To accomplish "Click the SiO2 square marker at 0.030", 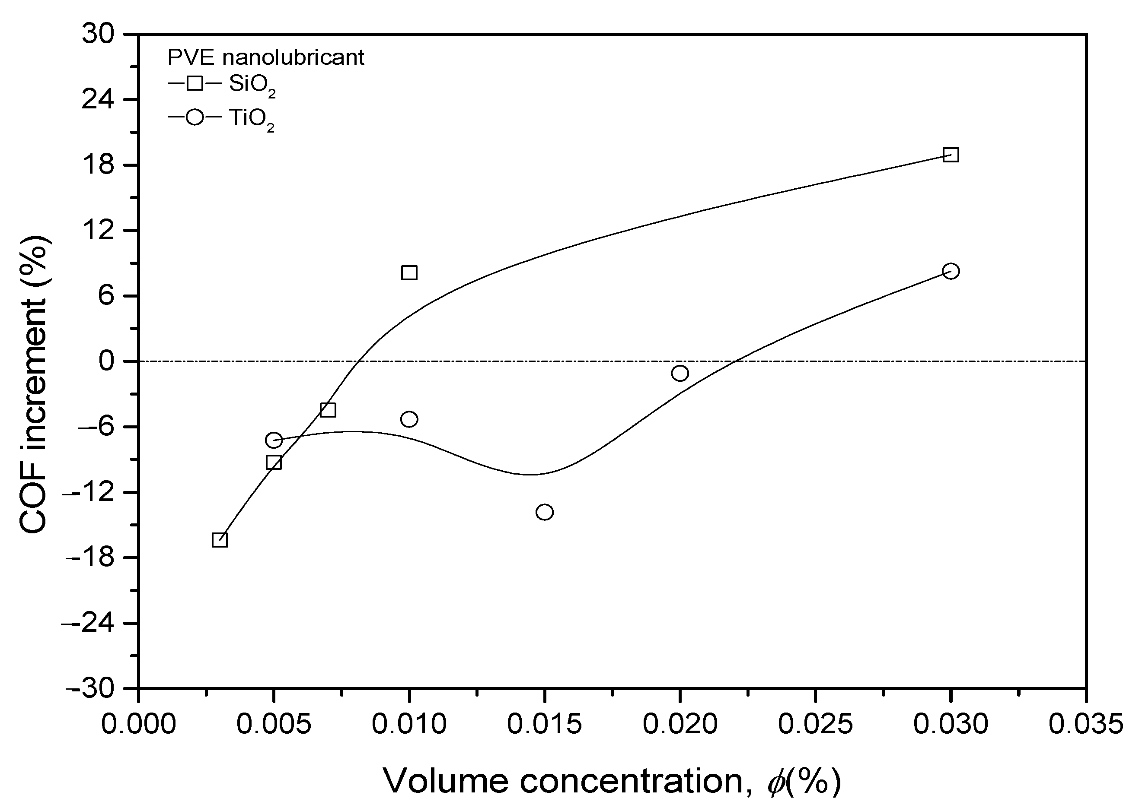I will [x=950, y=155].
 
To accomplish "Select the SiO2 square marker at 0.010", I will [x=409, y=272].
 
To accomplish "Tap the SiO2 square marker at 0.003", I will [x=220, y=540].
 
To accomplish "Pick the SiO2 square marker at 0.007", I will [x=327, y=410].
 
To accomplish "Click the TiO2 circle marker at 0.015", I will [x=544, y=512].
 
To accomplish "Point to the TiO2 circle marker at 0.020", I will [x=680, y=373].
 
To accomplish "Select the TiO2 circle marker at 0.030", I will [x=950, y=271].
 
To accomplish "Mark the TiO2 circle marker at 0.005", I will [x=273, y=440].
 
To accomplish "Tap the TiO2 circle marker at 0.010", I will [x=409, y=419].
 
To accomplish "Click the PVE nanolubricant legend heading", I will [x=265, y=58].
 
